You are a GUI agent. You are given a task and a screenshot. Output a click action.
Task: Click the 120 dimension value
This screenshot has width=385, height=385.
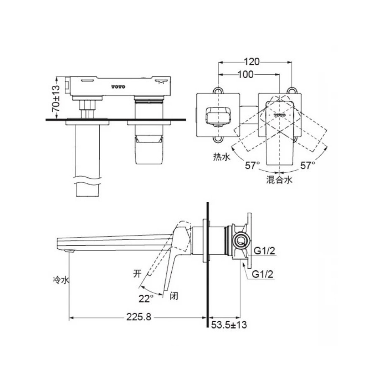point(252,62)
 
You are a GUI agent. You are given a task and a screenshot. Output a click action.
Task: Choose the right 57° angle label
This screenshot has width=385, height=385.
point(308,166)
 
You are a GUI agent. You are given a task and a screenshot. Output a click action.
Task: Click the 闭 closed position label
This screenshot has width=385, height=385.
point(174,296)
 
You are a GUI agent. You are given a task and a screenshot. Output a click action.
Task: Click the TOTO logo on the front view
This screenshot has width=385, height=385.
point(119,86)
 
